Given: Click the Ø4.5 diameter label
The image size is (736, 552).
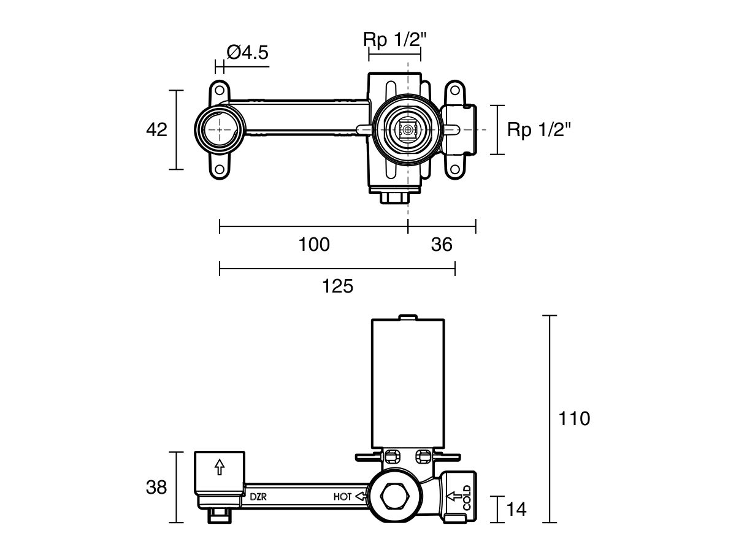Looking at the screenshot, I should pyautogui.click(x=247, y=53).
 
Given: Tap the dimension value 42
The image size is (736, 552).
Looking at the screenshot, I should pyautogui.click(x=156, y=129).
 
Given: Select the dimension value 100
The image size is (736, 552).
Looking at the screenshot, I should pyautogui.click(x=314, y=244).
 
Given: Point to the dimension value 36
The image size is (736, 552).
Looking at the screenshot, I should pyautogui.click(x=442, y=244).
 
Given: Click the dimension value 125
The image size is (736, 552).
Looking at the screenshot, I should pyautogui.click(x=337, y=285).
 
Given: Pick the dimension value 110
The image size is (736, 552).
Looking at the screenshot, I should pyautogui.click(x=574, y=419).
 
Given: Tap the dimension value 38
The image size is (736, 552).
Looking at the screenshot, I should pyautogui.click(x=156, y=488).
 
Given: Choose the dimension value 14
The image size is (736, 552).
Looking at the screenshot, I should pyautogui.click(x=516, y=508).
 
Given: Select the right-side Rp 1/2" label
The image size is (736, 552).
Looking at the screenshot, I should pyautogui.click(x=539, y=129).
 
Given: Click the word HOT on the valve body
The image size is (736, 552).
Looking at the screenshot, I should pyautogui.click(x=343, y=497).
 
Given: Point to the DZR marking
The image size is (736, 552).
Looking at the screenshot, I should pyautogui.click(x=258, y=497).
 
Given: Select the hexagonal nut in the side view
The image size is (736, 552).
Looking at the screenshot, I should pyautogui.click(x=393, y=496).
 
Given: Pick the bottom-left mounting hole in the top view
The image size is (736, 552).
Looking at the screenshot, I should pyautogui.click(x=219, y=169).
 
